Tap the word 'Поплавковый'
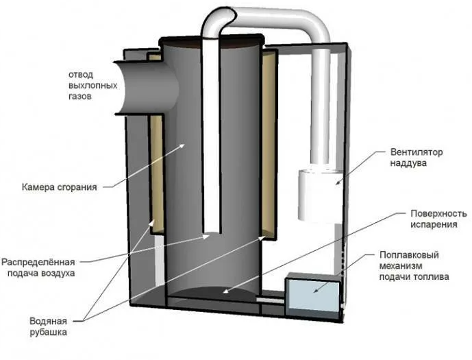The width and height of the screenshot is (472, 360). [x=409, y=254]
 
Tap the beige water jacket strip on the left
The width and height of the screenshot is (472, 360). [x=156, y=171]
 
